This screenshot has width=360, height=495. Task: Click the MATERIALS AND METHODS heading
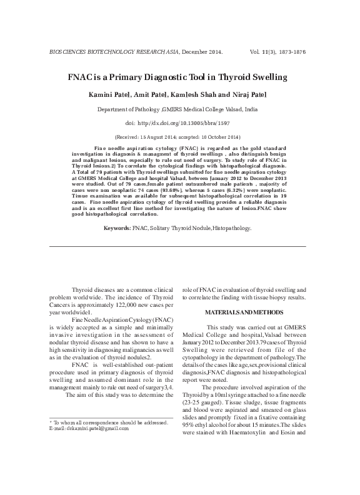243,311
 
